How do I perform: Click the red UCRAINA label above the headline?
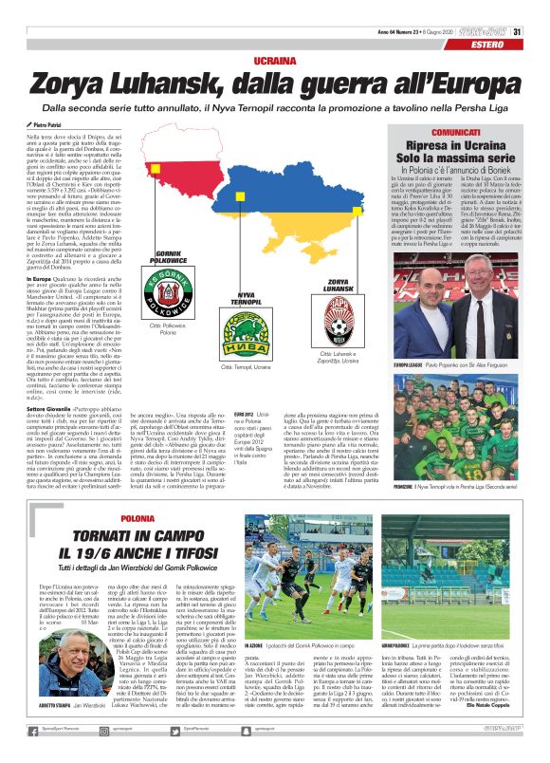tap(274, 60)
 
